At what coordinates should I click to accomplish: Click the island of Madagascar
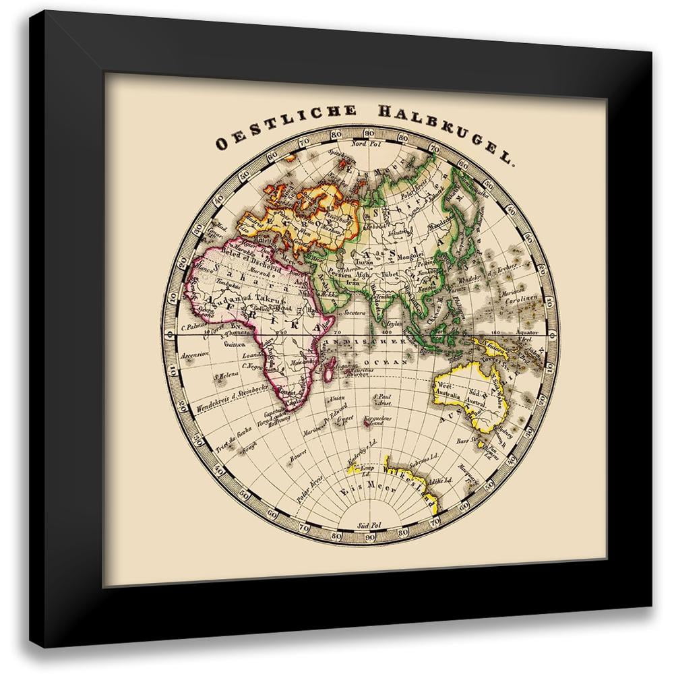[328, 369]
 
